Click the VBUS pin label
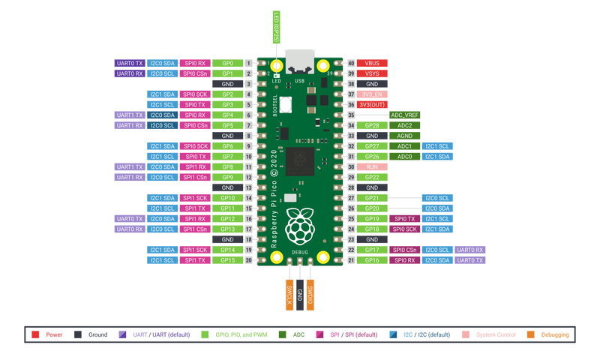(x=372, y=63)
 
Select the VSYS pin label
(x=372, y=73)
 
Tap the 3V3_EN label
(x=372, y=94)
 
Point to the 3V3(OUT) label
(x=372, y=105)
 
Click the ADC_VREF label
(x=405, y=115)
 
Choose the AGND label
(x=405, y=136)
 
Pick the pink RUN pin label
(x=372, y=166)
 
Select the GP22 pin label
(x=372, y=177)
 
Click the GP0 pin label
(x=227, y=63)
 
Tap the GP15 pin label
(x=227, y=260)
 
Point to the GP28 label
(x=372, y=125)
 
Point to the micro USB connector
(x=299, y=58)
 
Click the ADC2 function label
(x=405, y=125)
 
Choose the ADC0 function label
(x=405, y=156)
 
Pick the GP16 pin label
(x=372, y=260)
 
